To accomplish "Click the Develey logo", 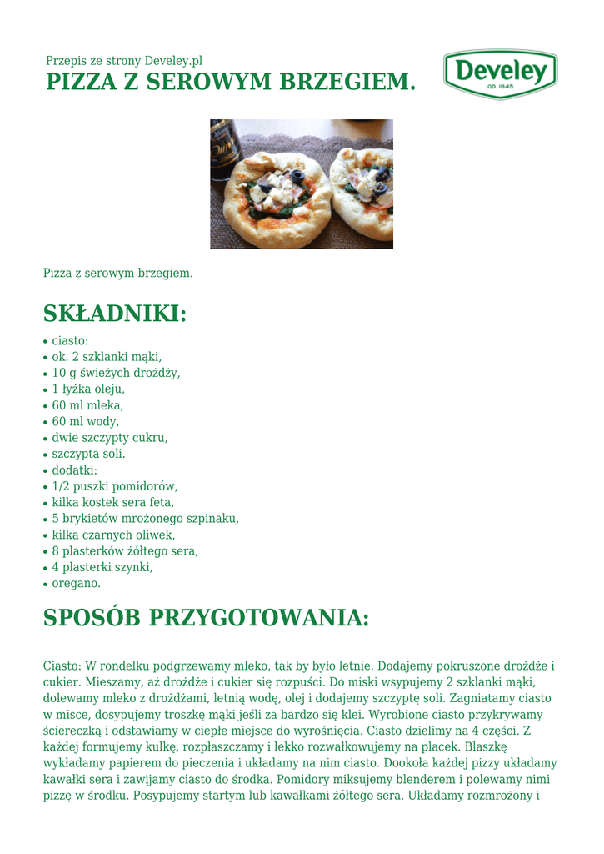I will (x=500, y=73).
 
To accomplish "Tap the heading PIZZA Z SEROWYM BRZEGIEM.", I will (x=230, y=83).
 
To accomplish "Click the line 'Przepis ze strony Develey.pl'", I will (x=124, y=61).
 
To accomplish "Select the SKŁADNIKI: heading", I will (x=115, y=314).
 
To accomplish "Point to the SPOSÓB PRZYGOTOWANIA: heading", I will (x=206, y=618).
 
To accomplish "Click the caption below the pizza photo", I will (x=117, y=273).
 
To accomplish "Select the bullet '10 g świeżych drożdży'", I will (x=116, y=373).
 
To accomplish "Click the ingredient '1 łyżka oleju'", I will (x=88, y=389).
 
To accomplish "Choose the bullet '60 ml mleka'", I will (x=87, y=405).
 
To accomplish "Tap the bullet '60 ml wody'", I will (x=86, y=421).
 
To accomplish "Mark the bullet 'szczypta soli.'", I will (x=89, y=454).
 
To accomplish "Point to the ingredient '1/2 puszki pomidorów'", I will (x=115, y=486).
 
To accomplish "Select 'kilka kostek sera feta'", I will (x=113, y=502).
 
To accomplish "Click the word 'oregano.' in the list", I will (x=76, y=584).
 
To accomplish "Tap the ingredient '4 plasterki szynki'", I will (x=102, y=567).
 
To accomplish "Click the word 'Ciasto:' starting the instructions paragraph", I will (x=62, y=666).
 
